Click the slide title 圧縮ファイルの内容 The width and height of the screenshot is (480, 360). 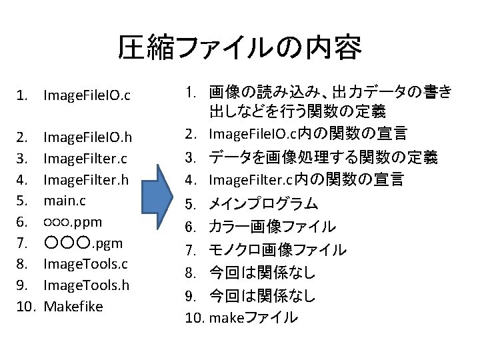pos(239,47)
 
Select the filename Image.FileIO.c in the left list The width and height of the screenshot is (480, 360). pos(87,97)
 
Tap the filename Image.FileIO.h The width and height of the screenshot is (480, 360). pos(87,138)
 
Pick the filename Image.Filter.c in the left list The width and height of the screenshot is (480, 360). pos(85,159)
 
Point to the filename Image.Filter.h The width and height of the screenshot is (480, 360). pos(85,179)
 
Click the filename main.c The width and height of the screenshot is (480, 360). pos(65,200)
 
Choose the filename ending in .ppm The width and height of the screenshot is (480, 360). pos(73,221)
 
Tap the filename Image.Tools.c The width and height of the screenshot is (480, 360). pos(85,263)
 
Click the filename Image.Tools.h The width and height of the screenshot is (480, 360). pos(86,285)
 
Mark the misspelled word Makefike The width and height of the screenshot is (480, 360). pos(73,306)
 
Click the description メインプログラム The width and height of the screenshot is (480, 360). pos(263,203)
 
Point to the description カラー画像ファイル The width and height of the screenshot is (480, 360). pos(272,227)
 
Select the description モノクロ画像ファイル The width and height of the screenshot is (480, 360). pos(277,250)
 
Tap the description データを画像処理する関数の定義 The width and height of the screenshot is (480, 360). pos(323,157)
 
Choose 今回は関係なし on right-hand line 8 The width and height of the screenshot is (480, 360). pos(262,273)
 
